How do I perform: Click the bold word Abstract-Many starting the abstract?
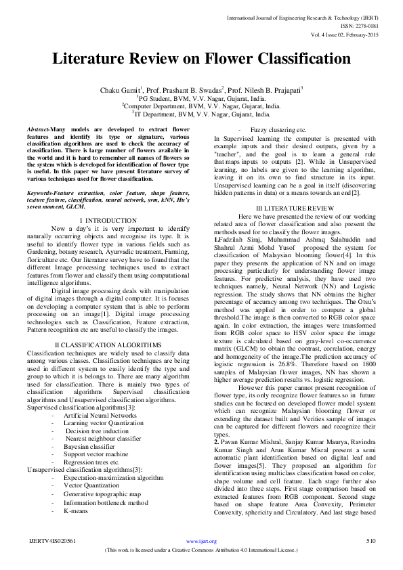click(x=47, y=128)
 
